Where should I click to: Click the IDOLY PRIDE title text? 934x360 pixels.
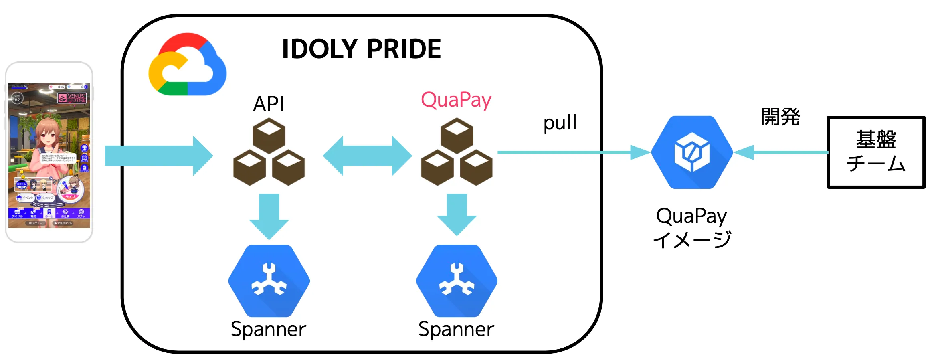(x=361, y=49)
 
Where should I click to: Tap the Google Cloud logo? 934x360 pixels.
(x=187, y=65)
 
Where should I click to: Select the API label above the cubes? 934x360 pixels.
(x=268, y=104)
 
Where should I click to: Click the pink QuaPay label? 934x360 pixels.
(x=456, y=100)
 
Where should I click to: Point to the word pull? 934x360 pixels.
(x=560, y=123)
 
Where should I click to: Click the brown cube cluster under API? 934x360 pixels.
(x=269, y=152)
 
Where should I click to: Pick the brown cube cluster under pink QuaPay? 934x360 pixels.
(x=457, y=152)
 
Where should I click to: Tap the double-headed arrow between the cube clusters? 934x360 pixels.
(x=367, y=156)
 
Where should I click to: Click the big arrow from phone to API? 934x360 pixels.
(x=158, y=156)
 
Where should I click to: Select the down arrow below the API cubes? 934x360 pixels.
(x=269, y=216)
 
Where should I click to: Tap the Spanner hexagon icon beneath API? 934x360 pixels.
(x=269, y=280)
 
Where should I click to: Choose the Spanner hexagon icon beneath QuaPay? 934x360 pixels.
(x=457, y=280)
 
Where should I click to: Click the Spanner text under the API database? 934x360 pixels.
(x=268, y=329)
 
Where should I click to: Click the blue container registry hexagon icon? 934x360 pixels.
(x=692, y=152)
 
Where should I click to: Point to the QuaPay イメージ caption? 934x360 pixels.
(x=692, y=228)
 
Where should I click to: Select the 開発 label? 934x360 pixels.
(x=780, y=117)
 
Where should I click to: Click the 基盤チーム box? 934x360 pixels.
(x=876, y=152)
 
